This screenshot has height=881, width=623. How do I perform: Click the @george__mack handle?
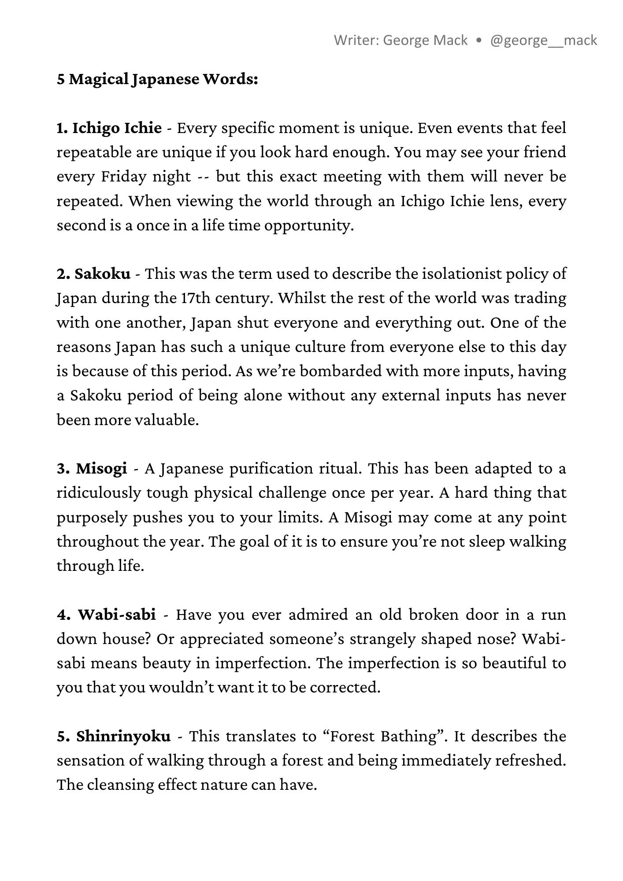point(543,41)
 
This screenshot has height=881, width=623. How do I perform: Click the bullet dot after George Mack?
point(479,41)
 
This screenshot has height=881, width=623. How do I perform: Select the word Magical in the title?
point(99,79)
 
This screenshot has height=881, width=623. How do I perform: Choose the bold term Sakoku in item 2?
point(103,274)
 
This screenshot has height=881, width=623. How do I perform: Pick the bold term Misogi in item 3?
point(101,468)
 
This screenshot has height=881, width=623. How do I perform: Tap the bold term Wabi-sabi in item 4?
point(117,614)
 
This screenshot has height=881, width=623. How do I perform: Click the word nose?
point(497,639)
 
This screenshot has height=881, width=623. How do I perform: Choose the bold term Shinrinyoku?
point(123,736)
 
